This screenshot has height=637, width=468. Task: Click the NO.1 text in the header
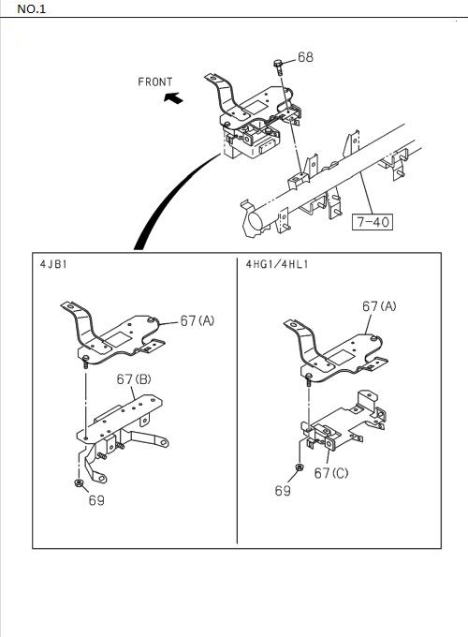click(x=31, y=9)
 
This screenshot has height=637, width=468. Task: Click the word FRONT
click(x=155, y=82)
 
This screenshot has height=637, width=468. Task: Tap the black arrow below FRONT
click(x=173, y=98)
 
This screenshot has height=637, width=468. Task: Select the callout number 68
click(x=305, y=57)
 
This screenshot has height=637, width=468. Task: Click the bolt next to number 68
click(x=278, y=67)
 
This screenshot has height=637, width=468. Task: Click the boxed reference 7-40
click(x=373, y=222)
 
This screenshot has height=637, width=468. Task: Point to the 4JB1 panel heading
click(x=53, y=264)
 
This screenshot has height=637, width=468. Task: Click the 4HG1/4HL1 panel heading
click(x=277, y=264)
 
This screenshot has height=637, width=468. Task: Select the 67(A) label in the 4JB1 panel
click(x=197, y=321)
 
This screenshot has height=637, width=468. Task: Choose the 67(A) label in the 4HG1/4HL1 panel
click(x=379, y=306)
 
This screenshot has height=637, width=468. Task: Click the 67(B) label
click(x=134, y=379)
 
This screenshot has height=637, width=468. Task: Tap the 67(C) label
click(x=331, y=473)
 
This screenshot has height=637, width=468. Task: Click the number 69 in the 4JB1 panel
click(x=96, y=500)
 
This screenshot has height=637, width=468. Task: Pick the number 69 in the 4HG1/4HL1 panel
click(x=283, y=491)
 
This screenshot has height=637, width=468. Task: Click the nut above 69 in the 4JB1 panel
click(x=79, y=483)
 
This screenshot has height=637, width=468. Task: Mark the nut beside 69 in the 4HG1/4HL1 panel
click(x=300, y=467)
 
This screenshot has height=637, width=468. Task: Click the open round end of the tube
click(x=256, y=221)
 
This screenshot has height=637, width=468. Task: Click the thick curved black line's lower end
click(x=139, y=248)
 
